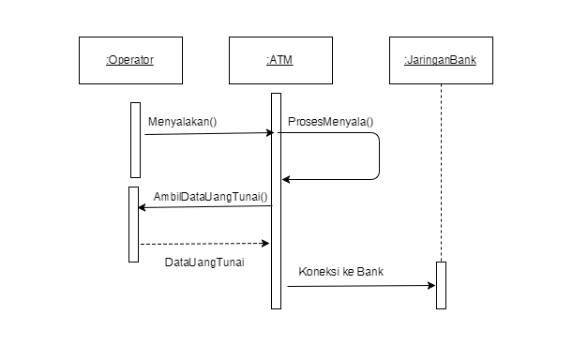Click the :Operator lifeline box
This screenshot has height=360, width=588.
pyautogui.click(x=129, y=60)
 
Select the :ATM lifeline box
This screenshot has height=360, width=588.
pyautogui.click(x=279, y=60)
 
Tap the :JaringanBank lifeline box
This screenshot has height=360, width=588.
pyautogui.click(x=440, y=60)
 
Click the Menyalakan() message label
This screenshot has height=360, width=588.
pyautogui.click(x=182, y=122)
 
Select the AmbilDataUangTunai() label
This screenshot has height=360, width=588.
pyautogui.click(x=210, y=197)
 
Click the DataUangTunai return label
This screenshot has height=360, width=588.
pyautogui.click(x=204, y=262)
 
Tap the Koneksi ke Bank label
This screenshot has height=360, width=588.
pyautogui.click(x=341, y=272)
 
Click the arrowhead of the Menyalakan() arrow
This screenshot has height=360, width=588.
pyautogui.click(x=269, y=133)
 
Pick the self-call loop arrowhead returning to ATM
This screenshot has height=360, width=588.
pyautogui.click(x=287, y=178)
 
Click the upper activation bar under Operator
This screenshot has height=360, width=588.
pyautogui.click(x=135, y=139)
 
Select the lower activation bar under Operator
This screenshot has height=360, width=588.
pyautogui.click(x=133, y=224)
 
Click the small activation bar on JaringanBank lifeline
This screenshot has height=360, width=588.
pyautogui.click(x=441, y=285)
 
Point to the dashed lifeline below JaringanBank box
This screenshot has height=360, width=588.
pyautogui.click(x=441, y=169)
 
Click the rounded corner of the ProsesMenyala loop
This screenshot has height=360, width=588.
pyautogui.click(x=376, y=137)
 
